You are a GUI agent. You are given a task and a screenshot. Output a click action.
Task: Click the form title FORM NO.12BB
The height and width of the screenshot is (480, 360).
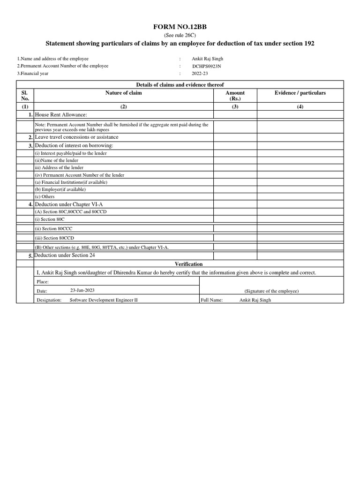tap(180, 27)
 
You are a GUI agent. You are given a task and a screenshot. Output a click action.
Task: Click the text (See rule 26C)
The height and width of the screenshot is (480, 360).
tap(180, 36)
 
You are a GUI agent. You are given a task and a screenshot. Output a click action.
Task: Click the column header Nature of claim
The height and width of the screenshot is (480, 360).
tap(123, 93)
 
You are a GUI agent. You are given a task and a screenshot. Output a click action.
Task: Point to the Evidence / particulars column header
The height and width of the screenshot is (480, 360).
tap(300, 93)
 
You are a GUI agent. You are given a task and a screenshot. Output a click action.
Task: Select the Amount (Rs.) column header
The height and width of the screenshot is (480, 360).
tap(235, 96)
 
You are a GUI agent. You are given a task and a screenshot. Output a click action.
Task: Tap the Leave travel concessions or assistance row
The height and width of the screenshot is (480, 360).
tap(77, 137)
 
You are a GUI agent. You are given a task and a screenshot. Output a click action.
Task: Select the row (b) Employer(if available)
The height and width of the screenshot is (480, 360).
tap(60, 189)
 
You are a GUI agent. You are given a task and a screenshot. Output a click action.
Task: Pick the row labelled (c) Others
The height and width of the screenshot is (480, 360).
tap(45, 197)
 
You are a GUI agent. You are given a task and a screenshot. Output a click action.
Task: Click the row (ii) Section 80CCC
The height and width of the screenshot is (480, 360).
tap(53, 229)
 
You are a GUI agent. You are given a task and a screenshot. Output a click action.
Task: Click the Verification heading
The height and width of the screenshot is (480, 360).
tap(188, 264)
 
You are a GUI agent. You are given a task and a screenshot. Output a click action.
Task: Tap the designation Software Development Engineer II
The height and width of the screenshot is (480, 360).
tap(104, 300)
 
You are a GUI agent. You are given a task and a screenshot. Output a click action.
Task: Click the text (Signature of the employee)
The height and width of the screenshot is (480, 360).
tap(271, 291)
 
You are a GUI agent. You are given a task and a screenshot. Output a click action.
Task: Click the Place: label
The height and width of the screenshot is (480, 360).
tap(42, 282)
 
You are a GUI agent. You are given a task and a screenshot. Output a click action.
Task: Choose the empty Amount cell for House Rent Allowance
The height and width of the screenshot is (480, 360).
tap(235, 115)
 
